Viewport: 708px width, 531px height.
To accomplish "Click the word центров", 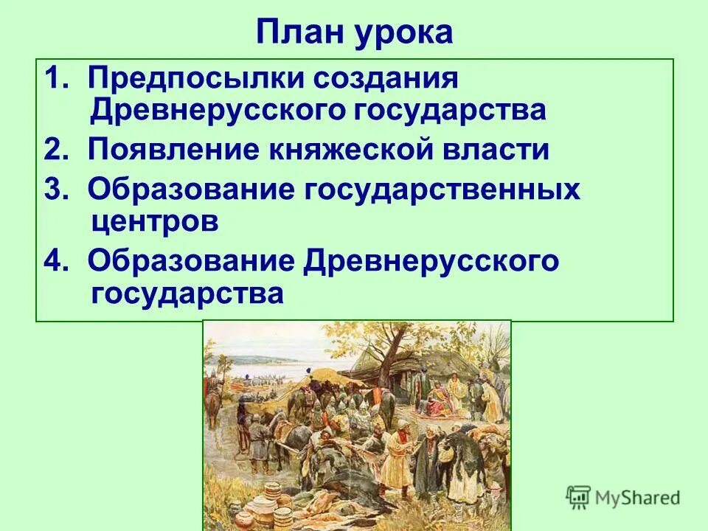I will (154, 221).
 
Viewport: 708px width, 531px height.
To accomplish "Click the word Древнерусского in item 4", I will (431, 260).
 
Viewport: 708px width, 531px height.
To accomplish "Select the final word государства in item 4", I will (187, 294).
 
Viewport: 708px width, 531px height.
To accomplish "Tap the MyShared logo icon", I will (579, 497).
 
